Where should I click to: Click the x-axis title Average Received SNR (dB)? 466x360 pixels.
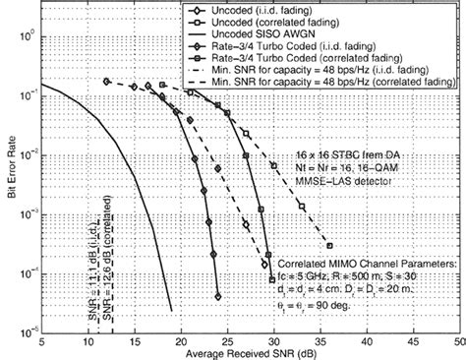pos(250,352)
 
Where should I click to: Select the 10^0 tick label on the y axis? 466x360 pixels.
pos(29,35)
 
